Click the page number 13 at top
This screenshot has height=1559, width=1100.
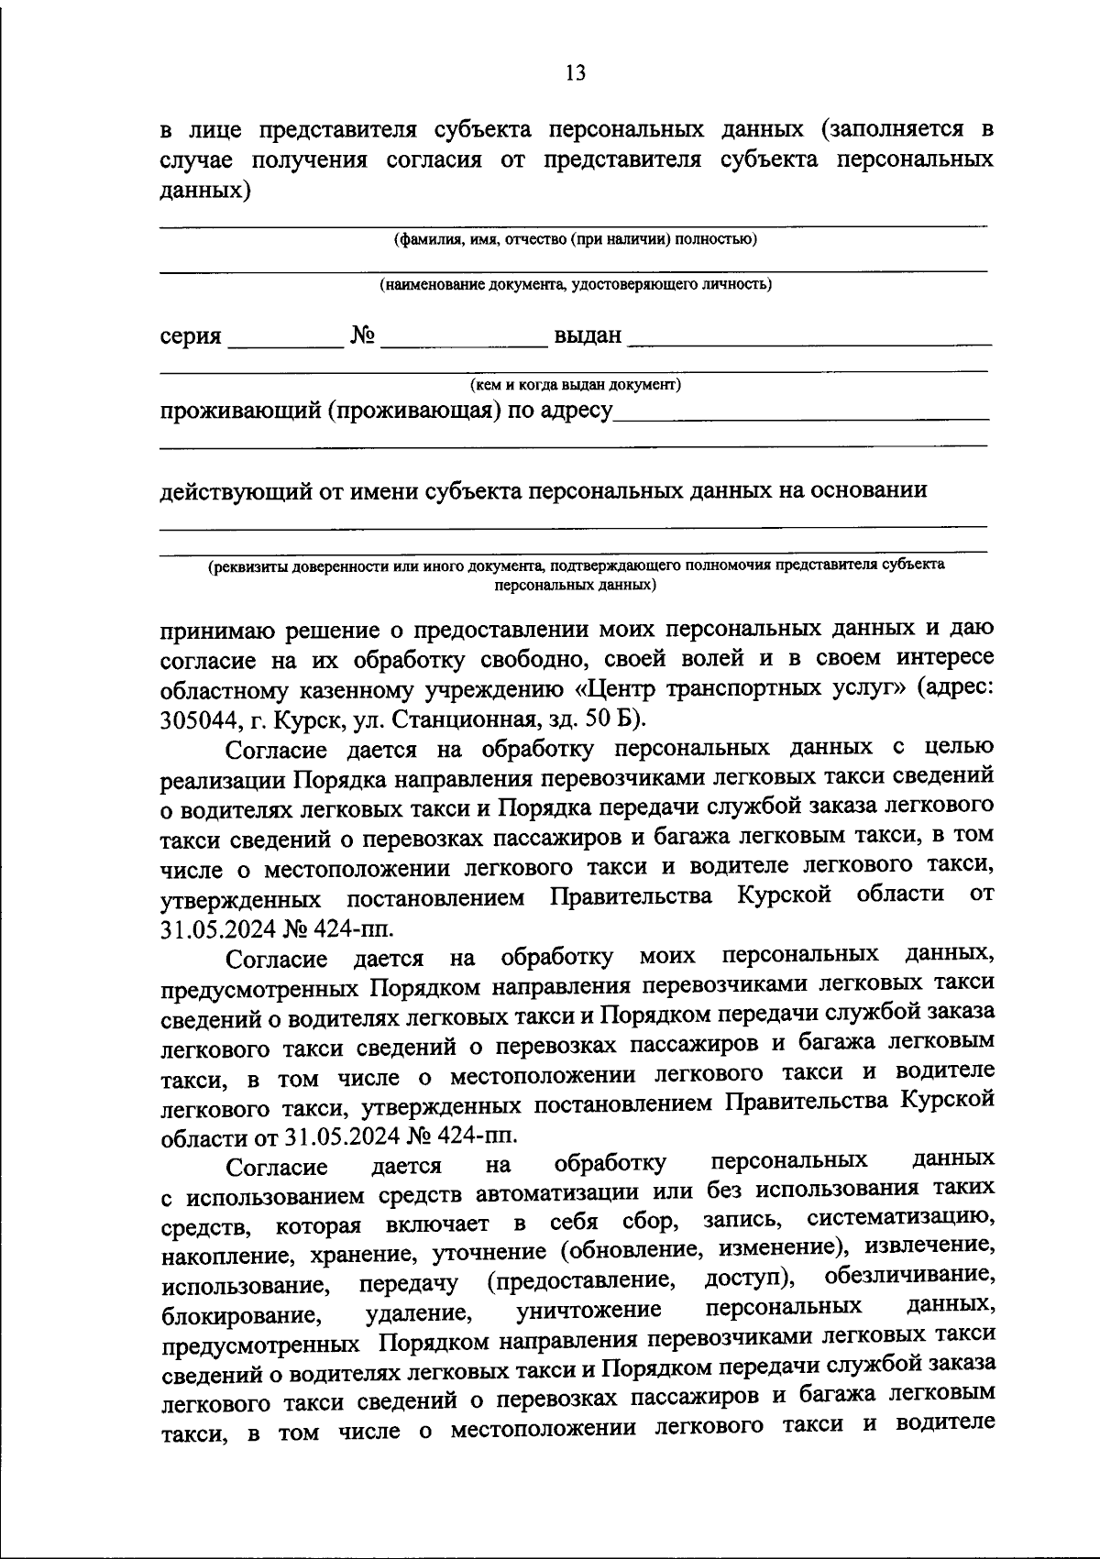576,73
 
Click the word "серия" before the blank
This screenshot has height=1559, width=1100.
192,337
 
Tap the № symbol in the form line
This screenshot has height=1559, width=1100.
363,336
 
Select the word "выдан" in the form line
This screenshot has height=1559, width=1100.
588,336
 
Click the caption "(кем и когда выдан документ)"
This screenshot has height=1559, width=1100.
575,385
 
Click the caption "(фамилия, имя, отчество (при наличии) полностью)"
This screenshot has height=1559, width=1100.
575,240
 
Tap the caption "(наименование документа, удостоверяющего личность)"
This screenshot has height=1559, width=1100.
576,285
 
